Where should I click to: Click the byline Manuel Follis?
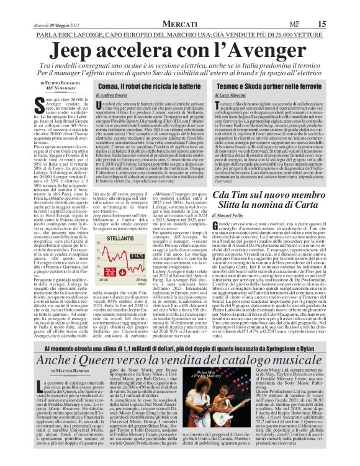tap(243, 215)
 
